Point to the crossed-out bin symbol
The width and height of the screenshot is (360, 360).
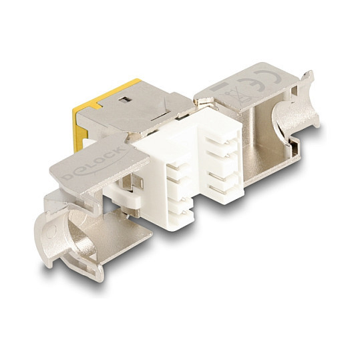tap(232, 96)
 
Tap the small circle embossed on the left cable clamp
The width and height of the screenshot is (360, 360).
tap(51, 231)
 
